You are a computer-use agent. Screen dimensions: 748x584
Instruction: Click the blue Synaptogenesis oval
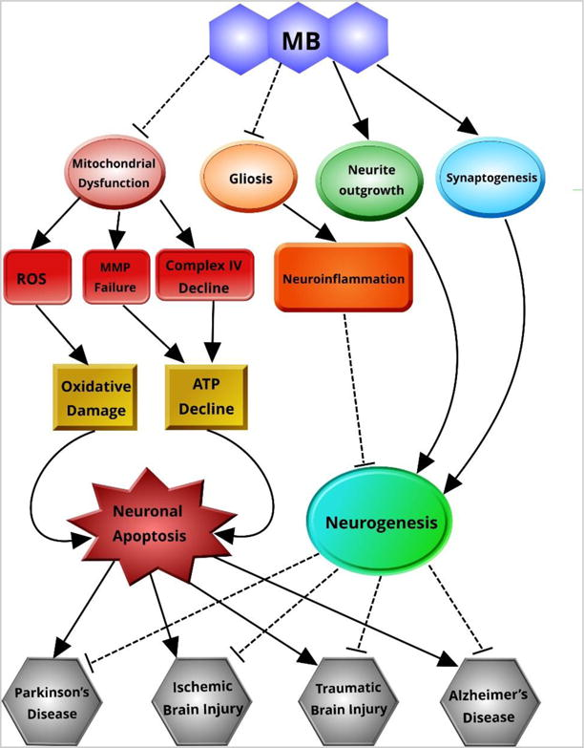[488, 176]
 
